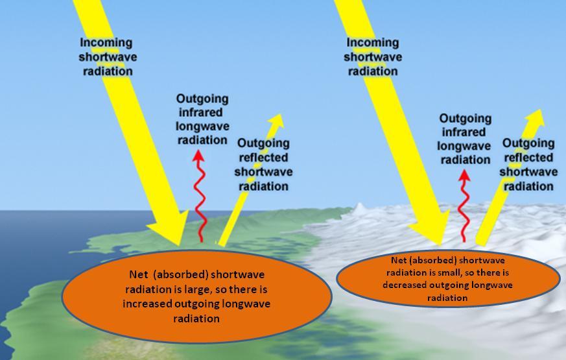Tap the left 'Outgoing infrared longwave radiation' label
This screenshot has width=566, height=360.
[202, 119]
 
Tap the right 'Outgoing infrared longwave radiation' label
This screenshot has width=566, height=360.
[465, 139]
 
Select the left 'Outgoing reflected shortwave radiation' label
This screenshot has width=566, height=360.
[263, 165]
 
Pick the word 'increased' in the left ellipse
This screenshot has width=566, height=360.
[150, 304]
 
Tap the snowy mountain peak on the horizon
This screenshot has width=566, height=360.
[360, 208]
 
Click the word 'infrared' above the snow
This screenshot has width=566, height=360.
[465, 132]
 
